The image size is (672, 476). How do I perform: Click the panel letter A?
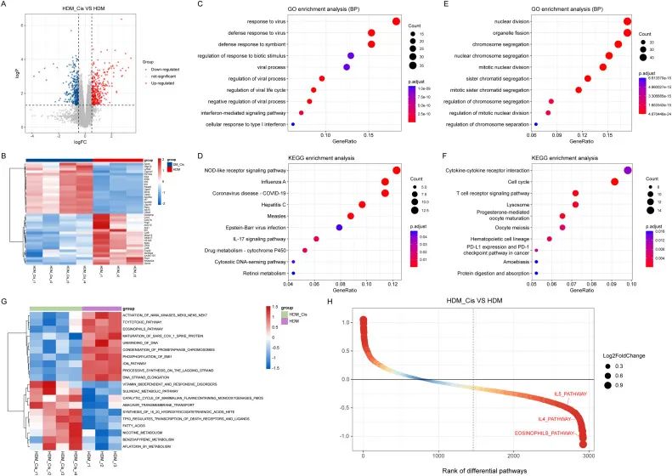point(6,6)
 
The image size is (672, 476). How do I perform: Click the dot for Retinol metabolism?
point(293,273)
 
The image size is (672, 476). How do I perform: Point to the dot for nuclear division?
point(627,21)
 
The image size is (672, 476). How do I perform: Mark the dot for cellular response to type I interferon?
point(293,124)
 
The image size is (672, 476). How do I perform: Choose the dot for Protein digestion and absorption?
point(536,273)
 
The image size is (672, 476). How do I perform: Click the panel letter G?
point(6,300)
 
